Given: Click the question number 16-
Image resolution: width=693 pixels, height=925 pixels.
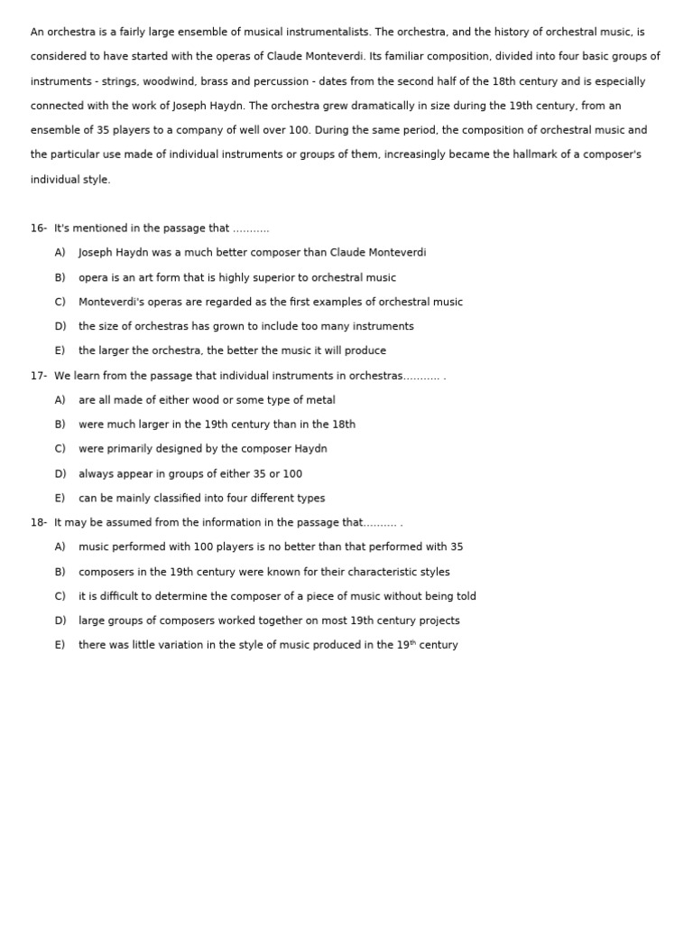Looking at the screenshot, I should coord(38,229).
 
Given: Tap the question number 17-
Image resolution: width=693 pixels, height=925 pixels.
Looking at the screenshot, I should coord(38,376).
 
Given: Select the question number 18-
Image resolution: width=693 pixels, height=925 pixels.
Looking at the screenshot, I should coord(38,523).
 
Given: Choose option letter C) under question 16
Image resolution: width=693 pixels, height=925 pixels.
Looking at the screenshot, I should coord(60,303).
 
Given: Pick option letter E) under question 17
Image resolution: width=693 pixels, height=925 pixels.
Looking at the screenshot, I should coord(60,499).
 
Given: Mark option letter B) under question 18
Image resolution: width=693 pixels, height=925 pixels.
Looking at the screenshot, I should coord(60,572).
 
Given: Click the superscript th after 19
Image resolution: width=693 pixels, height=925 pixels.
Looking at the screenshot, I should coord(413,643).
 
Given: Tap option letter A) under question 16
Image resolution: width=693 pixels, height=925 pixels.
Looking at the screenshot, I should coord(60,253).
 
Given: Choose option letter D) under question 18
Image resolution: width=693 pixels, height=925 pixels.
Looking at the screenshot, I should coord(60,621).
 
